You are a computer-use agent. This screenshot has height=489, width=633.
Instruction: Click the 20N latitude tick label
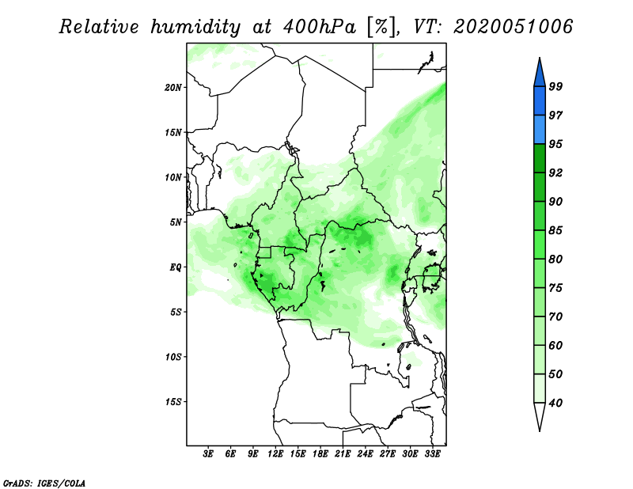[173, 88]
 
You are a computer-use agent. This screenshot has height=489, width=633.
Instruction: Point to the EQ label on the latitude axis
[175, 267]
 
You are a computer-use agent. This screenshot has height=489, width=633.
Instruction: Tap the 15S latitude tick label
[173, 402]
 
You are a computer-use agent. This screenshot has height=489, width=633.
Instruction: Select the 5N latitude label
[176, 222]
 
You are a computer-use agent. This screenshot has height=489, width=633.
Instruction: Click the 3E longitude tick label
[208, 454]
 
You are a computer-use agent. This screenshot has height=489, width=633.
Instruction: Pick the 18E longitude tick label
[320, 454]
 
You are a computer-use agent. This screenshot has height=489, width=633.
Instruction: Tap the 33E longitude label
[432, 454]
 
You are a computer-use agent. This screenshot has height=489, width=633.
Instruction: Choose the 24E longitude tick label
[365, 454]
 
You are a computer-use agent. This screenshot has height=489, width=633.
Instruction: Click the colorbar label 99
[555, 86]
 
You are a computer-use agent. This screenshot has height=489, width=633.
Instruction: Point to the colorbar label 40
[555, 403]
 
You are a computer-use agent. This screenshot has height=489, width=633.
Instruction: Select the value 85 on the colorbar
[555, 230]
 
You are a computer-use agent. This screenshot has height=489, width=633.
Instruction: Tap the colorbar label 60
[555, 345]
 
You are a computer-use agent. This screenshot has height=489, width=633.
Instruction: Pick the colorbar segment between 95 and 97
[540, 130]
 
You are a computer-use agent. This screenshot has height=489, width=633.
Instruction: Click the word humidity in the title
[195, 27]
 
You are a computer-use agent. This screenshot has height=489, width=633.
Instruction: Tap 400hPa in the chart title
[320, 27]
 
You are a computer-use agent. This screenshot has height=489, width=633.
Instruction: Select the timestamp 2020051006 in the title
[513, 27]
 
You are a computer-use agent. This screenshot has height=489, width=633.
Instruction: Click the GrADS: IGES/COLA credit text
[44, 483]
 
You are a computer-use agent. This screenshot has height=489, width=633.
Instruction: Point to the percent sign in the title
[381, 27]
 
